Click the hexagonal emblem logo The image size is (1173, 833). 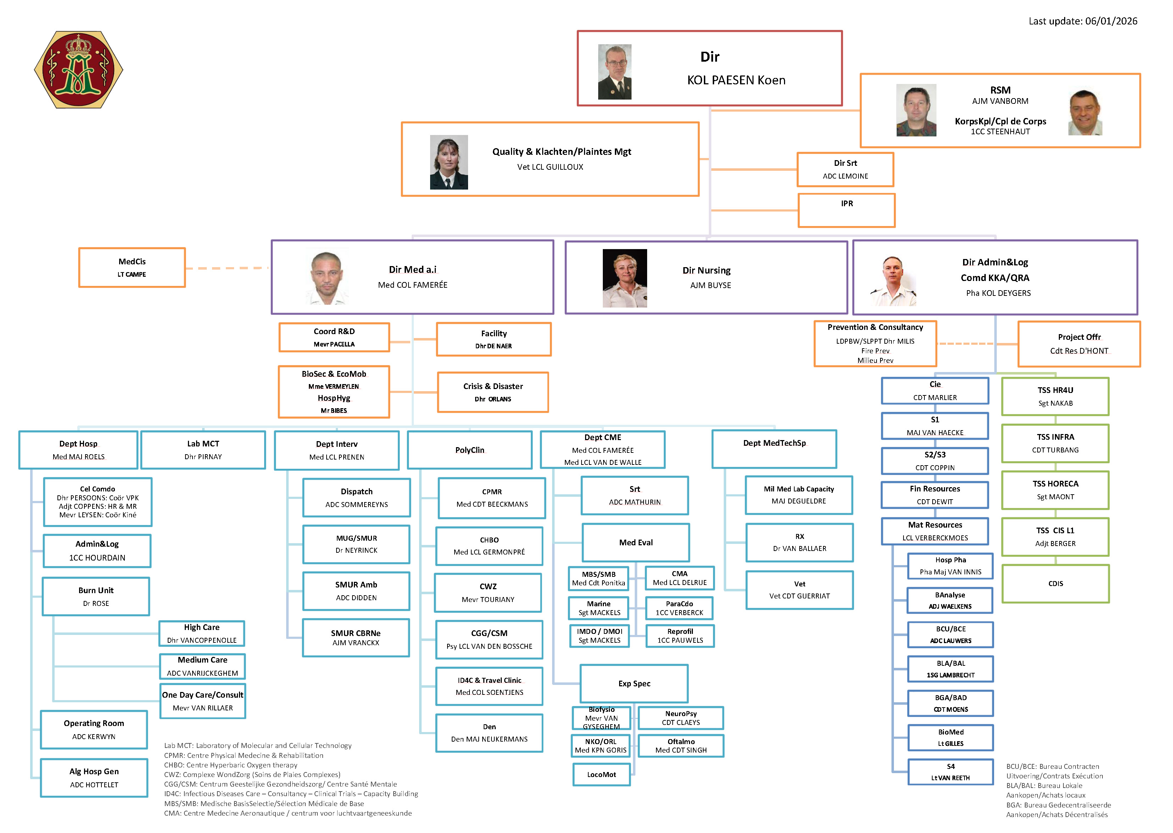[78, 70]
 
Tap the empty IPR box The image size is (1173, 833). [846, 210]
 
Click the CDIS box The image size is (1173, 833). [1055, 584]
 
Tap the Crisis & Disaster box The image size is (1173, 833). [493, 392]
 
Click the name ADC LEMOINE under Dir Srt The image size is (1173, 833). [845, 176]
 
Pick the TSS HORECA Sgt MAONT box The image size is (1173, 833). [1055, 490]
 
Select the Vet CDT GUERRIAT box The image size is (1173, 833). [799, 590]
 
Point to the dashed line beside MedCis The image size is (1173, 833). [226, 268]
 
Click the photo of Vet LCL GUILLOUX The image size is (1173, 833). [449, 162]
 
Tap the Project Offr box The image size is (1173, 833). [1079, 344]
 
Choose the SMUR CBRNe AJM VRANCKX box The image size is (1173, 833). [356, 637]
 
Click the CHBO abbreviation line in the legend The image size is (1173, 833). [230, 765]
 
